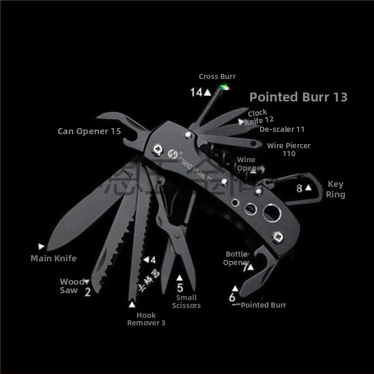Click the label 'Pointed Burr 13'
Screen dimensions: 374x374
(298, 97)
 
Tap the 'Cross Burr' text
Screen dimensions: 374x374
(217, 77)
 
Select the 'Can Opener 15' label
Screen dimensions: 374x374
(89, 131)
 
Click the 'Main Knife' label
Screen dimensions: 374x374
(53, 258)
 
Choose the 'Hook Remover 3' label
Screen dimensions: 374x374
(146, 319)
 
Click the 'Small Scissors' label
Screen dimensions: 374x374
(186, 302)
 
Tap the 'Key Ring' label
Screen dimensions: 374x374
(336, 189)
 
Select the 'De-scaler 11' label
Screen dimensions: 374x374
(282, 129)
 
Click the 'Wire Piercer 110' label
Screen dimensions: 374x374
(288, 150)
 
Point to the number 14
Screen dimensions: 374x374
(196, 92)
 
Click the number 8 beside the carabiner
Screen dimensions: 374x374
(299, 189)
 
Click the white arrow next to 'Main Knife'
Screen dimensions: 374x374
(41, 246)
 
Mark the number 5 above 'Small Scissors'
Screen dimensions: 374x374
(180, 288)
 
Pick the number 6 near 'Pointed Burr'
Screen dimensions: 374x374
(232, 298)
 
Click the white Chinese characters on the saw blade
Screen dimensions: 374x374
(145, 280)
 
